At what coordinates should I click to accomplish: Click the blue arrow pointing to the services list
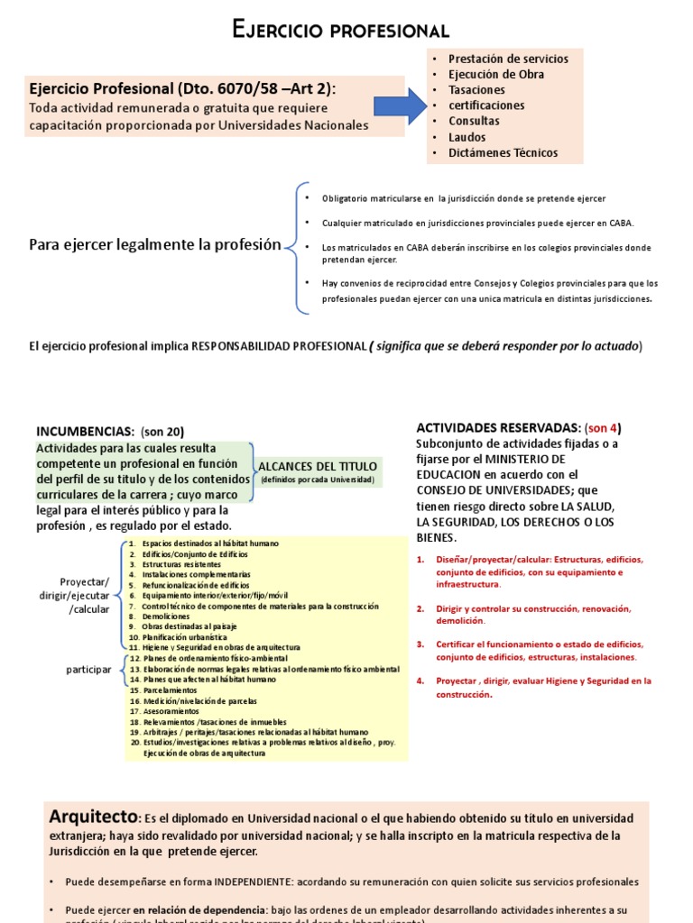point(399,106)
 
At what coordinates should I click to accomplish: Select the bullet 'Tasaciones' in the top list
point(476,90)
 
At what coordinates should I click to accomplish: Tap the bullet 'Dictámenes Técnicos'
point(503,153)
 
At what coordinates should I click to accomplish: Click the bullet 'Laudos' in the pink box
point(467,137)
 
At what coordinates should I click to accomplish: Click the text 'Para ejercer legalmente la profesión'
point(155,245)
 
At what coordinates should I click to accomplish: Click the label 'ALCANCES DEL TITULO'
point(318,466)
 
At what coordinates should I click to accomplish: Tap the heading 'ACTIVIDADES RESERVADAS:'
point(498,427)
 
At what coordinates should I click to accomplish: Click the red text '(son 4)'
point(604,427)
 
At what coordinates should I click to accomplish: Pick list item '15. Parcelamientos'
point(169,690)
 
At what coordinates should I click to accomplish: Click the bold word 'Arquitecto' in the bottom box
point(92,817)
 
